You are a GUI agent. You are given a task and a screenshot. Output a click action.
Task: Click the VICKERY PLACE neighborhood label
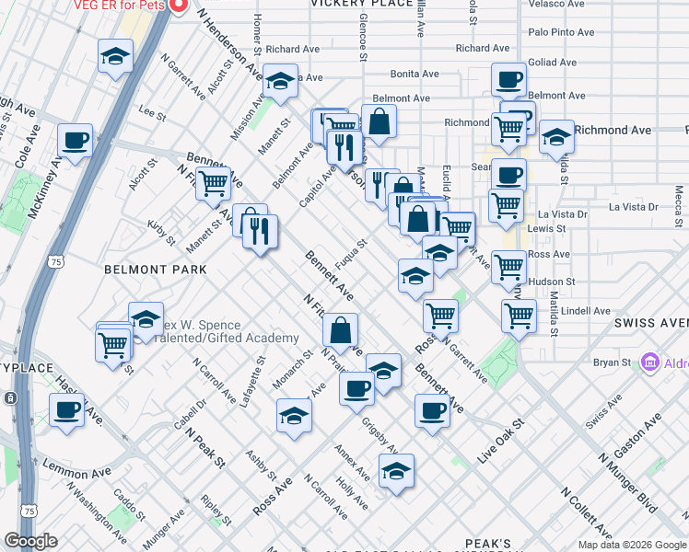pyautogui.click(x=361, y=4)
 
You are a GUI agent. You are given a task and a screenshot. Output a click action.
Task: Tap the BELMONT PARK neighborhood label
pyautogui.click(x=142, y=270)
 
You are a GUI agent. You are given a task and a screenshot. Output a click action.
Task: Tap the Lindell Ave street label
pyautogui.click(x=586, y=311)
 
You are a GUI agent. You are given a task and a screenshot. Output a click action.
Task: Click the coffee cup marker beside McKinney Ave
pyautogui.click(x=75, y=141)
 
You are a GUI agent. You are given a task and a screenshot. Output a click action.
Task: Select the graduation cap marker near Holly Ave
pyautogui.click(x=396, y=471)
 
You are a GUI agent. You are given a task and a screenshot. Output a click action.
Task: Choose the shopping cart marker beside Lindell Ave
pyautogui.click(x=520, y=315)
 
